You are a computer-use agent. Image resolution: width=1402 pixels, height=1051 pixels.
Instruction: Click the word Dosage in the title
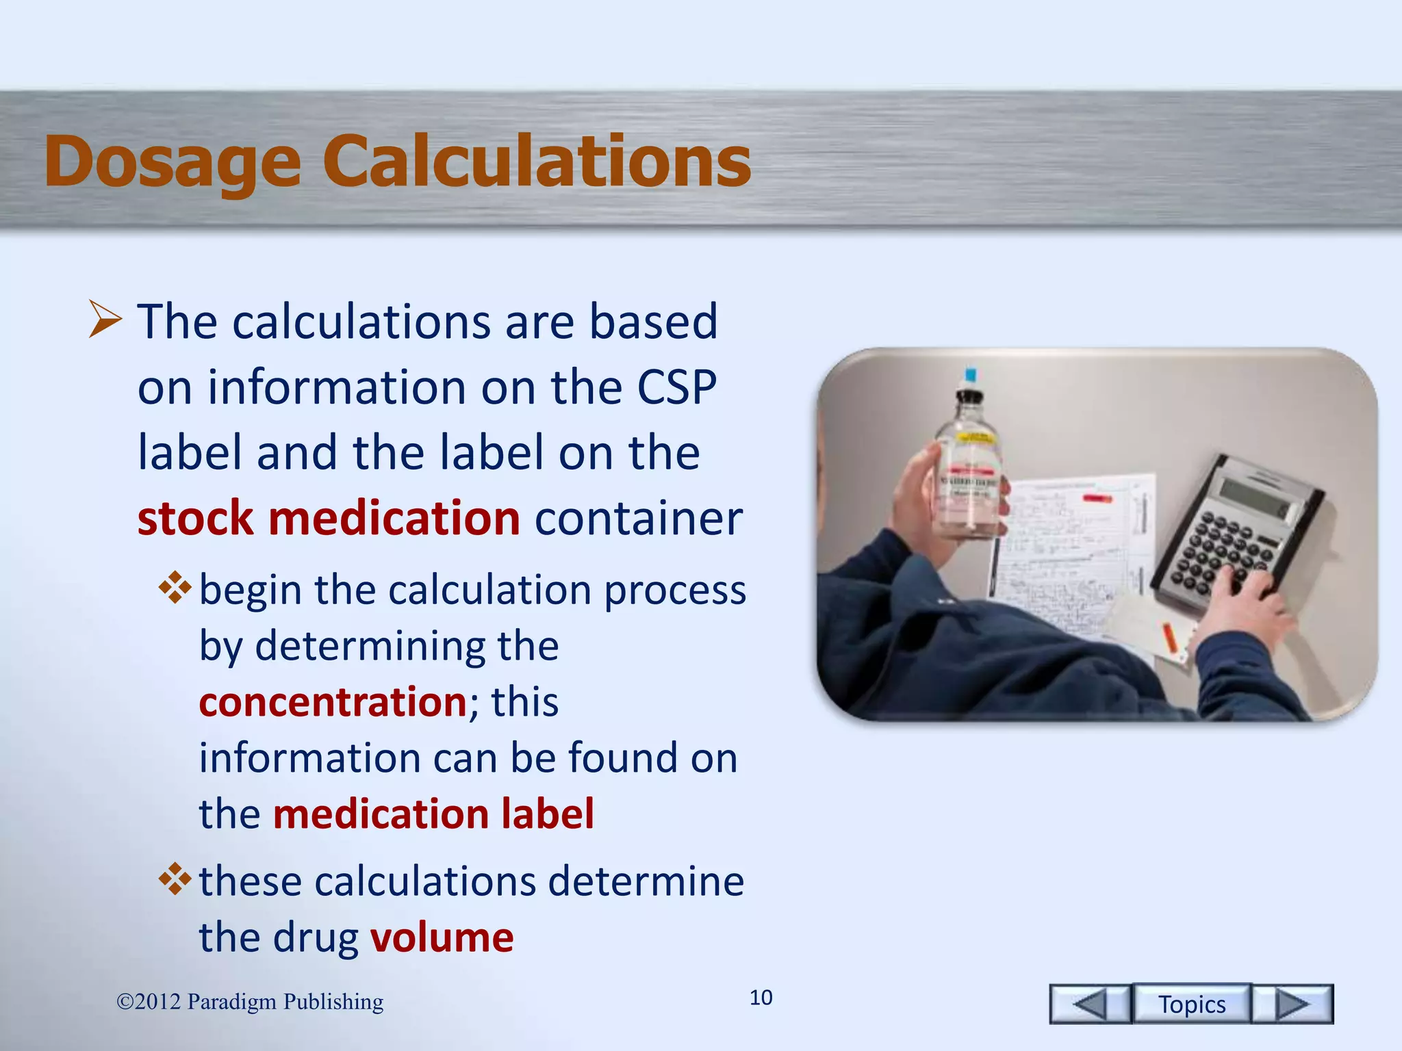click(x=173, y=162)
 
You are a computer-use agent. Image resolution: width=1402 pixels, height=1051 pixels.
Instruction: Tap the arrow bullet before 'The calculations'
click(x=105, y=320)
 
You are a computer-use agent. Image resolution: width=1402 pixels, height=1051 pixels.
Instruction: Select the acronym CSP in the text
click(x=676, y=387)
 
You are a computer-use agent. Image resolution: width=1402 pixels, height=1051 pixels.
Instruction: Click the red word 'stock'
click(x=195, y=518)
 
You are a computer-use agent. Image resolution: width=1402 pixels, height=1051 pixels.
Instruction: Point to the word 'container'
click(x=638, y=518)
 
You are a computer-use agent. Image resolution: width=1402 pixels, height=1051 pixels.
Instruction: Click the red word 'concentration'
click(x=333, y=702)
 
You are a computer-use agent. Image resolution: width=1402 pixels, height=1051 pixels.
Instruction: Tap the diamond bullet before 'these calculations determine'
click(x=175, y=879)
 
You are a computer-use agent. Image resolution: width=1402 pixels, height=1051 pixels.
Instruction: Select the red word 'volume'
click(x=442, y=937)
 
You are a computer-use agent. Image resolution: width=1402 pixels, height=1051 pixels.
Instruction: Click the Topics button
click(x=1191, y=1004)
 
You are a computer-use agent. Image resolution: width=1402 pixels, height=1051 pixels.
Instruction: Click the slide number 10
click(x=761, y=998)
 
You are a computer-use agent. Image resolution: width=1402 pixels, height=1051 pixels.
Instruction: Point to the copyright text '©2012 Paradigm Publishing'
click(x=250, y=1002)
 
